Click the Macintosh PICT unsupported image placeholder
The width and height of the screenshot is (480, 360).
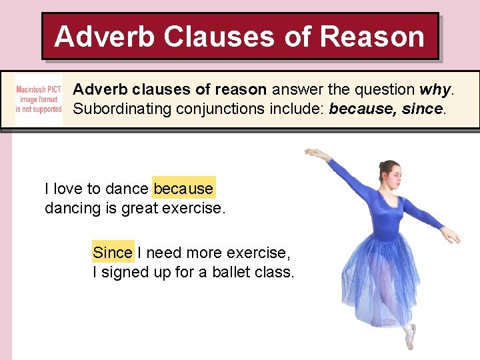tap(39, 99)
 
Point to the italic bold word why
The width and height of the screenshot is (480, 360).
tap(436, 89)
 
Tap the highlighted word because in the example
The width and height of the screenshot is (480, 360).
tap(183, 189)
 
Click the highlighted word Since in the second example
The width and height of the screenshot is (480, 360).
tap(113, 253)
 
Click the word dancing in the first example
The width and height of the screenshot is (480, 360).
tap(72, 208)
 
